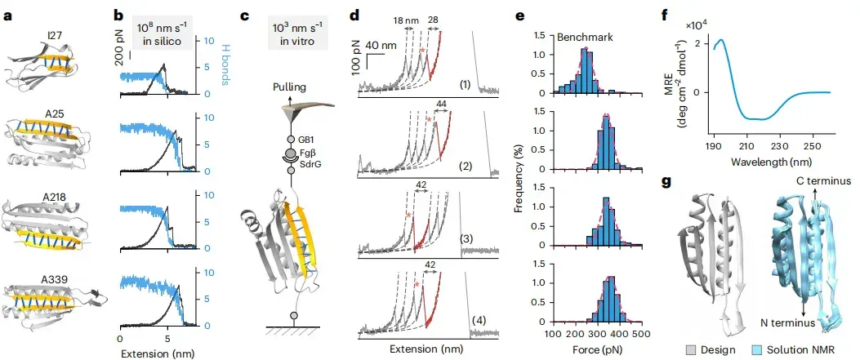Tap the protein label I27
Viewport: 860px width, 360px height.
tap(54, 38)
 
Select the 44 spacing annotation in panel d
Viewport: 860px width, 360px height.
tap(441, 104)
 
